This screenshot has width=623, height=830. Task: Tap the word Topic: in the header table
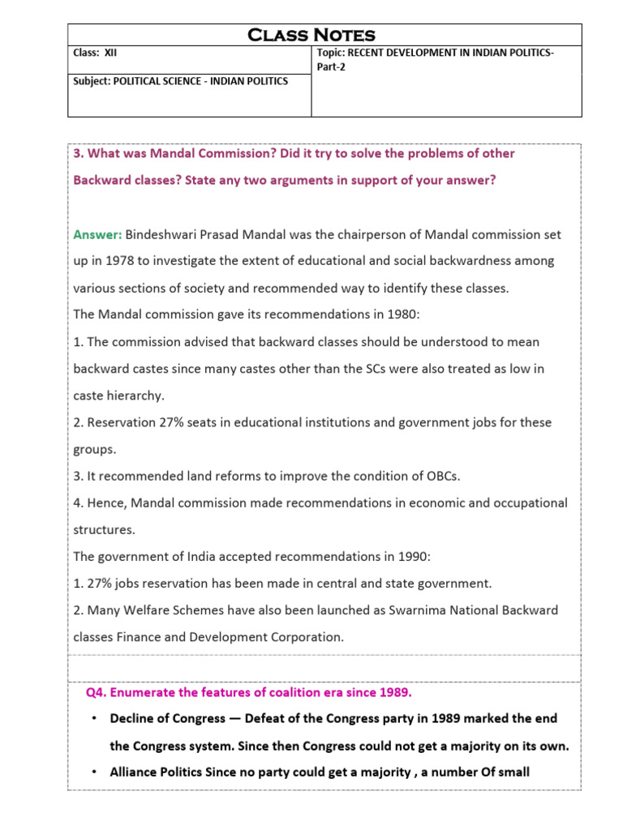[330, 53]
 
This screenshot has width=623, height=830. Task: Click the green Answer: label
[97, 234]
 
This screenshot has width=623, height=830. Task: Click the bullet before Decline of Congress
[95, 719]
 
